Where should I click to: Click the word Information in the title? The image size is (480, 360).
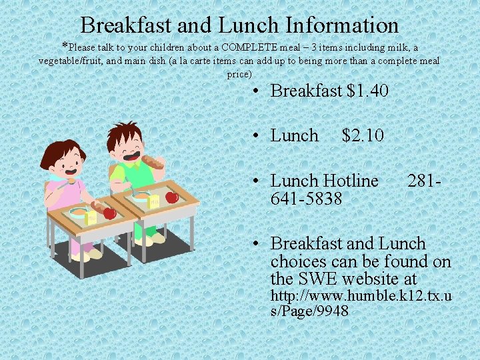(x=342, y=25)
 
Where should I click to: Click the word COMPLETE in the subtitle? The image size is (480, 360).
(x=253, y=47)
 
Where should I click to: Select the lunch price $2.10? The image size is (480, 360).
(x=362, y=135)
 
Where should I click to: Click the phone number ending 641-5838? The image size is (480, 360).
(x=306, y=198)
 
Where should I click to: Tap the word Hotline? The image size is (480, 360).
(x=350, y=181)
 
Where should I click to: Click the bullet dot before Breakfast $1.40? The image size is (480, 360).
(x=256, y=91)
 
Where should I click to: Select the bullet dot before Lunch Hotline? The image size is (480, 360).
(x=256, y=181)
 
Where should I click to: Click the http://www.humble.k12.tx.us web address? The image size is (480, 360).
(x=361, y=303)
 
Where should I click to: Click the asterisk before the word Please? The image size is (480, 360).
(x=65, y=47)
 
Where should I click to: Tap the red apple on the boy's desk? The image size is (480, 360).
(x=171, y=197)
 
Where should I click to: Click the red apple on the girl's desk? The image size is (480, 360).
(x=109, y=213)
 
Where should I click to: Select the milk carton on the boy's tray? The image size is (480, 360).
(x=153, y=201)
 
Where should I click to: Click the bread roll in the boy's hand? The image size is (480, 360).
(x=153, y=161)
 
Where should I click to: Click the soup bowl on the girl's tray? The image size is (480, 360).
(x=77, y=213)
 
